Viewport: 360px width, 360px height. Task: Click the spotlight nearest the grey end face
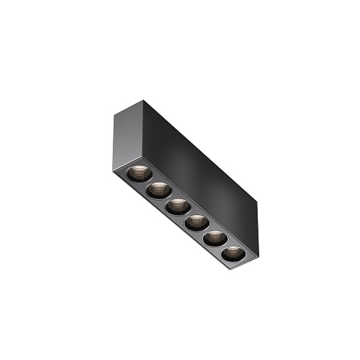tap(138, 172)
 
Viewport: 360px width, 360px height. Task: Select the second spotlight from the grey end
tap(157, 189)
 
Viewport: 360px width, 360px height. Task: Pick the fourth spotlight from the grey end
tap(195, 222)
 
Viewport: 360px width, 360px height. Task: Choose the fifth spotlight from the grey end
tap(214, 238)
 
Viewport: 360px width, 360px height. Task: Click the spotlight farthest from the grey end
tap(233, 254)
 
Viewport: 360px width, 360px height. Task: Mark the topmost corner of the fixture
tap(145, 101)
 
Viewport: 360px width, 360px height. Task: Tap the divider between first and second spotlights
tap(147, 181)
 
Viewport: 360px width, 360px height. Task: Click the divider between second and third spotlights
tap(166, 198)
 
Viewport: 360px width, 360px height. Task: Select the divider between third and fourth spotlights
tap(186, 214)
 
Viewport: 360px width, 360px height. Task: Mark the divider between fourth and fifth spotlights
tap(205, 230)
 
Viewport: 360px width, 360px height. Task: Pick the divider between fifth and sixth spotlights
tap(224, 246)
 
